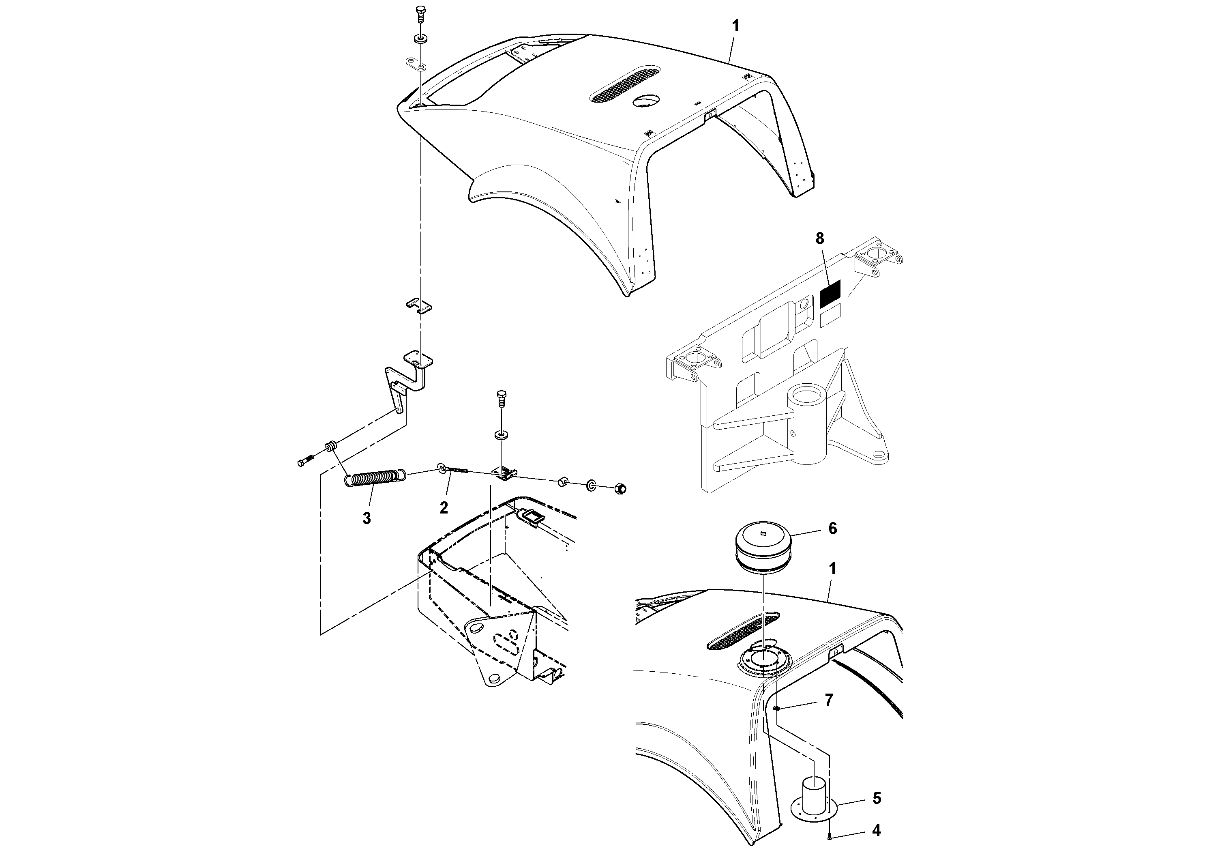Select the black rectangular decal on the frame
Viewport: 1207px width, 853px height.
[x=831, y=294]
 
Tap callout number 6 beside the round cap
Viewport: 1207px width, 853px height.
[x=833, y=528]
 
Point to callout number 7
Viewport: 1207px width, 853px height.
[x=829, y=700]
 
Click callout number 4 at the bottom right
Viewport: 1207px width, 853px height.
[x=876, y=830]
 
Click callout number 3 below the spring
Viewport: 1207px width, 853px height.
[x=367, y=518]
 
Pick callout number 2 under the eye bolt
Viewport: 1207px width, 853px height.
[x=444, y=507]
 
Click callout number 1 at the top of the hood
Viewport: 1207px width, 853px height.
[x=735, y=26]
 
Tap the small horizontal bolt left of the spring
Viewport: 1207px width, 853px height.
[x=305, y=461]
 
